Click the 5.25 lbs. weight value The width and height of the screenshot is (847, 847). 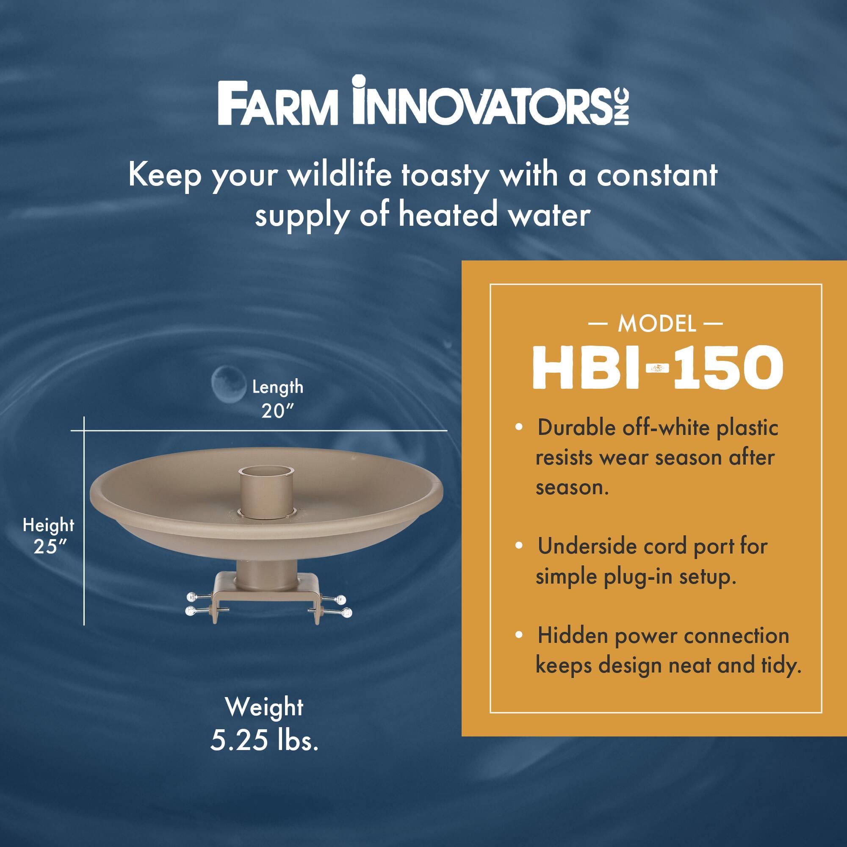point(264,741)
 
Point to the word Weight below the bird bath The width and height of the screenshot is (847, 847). point(264,707)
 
